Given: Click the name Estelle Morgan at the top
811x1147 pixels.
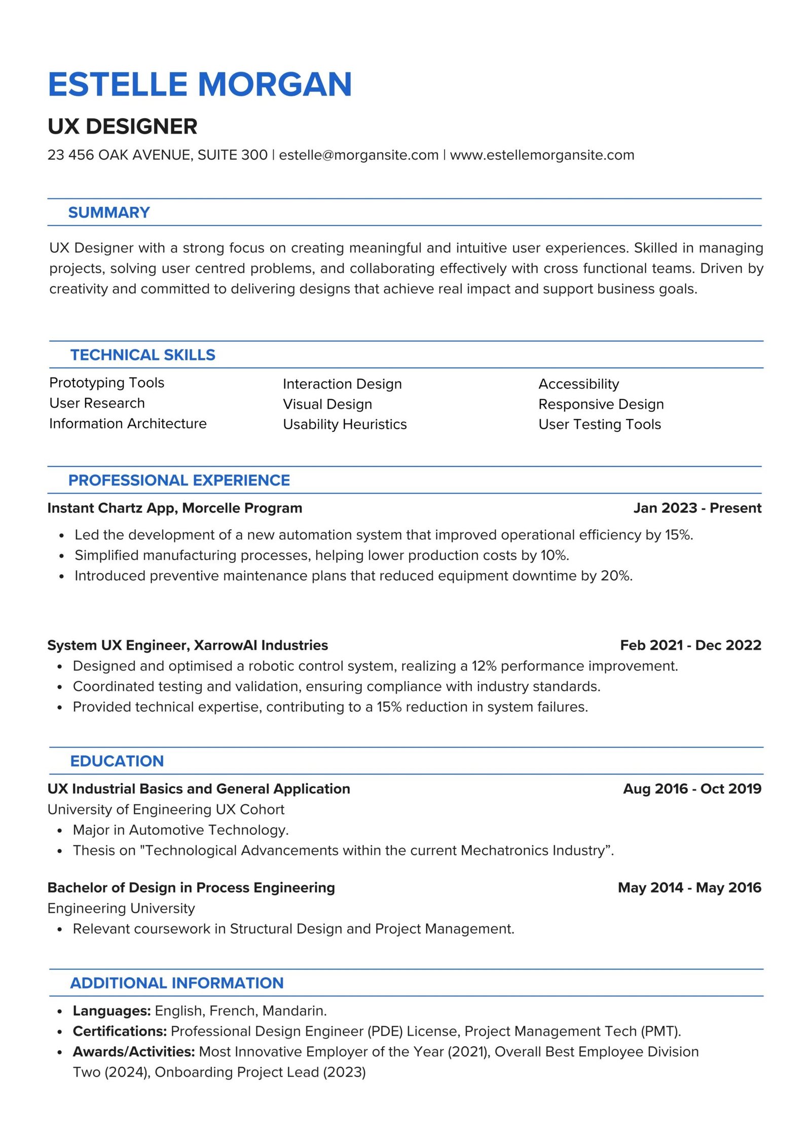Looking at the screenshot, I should [x=200, y=84].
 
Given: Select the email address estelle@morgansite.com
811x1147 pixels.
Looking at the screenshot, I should [x=358, y=155].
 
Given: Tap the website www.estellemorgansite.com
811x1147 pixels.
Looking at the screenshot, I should [x=542, y=155].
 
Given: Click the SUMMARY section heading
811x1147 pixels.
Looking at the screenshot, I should [x=109, y=212].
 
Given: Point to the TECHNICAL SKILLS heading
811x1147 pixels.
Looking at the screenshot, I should [x=142, y=355].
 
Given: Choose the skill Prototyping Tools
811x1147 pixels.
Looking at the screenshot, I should [x=106, y=383].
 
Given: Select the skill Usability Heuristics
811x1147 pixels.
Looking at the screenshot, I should [x=345, y=424].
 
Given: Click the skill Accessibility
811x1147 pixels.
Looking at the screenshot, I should [x=578, y=384].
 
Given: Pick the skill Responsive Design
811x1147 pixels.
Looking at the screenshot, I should [x=601, y=404].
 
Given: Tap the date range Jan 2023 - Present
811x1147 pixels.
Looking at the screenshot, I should [x=697, y=508].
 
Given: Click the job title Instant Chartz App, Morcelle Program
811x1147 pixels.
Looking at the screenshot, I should [x=174, y=508].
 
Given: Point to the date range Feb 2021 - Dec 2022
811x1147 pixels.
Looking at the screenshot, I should [x=690, y=645].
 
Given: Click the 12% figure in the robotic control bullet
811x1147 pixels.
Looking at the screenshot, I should [x=484, y=666].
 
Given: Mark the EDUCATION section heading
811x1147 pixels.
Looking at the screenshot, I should [x=117, y=761].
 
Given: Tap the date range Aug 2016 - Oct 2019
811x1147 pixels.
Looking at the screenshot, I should [x=692, y=789].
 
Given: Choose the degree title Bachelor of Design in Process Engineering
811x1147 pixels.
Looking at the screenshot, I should [x=191, y=887].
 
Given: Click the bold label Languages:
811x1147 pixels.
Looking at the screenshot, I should [x=112, y=1011].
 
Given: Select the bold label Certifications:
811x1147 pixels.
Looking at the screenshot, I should [x=120, y=1031].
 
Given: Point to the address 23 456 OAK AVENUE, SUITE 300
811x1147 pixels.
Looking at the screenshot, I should [x=157, y=155].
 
